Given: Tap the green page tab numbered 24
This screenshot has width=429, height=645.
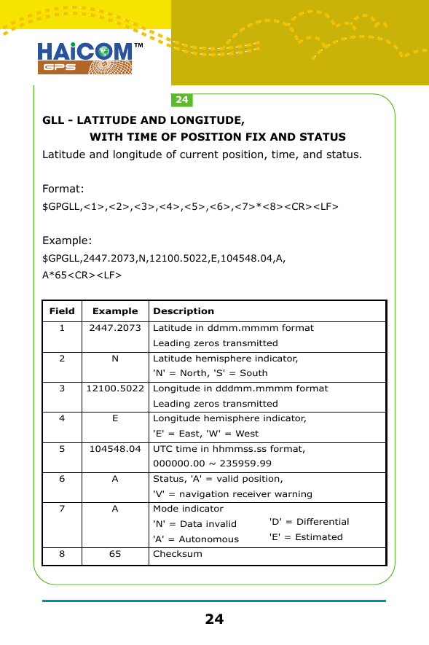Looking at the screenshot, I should click(x=181, y=99).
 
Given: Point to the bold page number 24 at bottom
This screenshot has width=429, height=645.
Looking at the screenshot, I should click(x=214, y=619).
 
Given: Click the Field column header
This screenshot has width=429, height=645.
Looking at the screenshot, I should click(x=62, y=311).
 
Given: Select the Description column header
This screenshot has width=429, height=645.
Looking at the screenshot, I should click(x=184, y=311).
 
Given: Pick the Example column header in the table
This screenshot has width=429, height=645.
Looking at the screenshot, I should click(x=115, y=311).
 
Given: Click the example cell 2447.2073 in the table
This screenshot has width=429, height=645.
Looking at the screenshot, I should click(x=115, y=328).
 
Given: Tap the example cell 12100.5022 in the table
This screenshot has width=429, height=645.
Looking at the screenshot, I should click(x=115, y=388).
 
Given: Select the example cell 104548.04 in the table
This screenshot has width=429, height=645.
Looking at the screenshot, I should click(x=115, y=449).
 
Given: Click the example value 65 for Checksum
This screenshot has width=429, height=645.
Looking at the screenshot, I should click(x=115, y=554).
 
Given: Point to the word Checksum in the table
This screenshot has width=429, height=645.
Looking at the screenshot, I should click(x=178, y=554).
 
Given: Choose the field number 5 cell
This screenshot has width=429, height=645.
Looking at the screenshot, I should click(x=62, y=449).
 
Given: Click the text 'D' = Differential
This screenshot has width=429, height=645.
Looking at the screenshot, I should click(x=309, y=522).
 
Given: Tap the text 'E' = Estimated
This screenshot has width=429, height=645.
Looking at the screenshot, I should click(x=306, y=537).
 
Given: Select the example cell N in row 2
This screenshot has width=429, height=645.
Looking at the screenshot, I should click(x=115, y=359).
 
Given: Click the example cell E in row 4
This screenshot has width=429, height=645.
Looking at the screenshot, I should click(x=115, y=419).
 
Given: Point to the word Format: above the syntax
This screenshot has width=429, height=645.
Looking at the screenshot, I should click(x=63, y=189).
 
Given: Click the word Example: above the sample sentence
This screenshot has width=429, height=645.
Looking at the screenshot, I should click(x=68, y=241).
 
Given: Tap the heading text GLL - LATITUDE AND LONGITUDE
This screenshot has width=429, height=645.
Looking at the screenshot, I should click(x=143, y=120).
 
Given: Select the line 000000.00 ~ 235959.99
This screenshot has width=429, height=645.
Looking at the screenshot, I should click(x=212, y=464).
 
